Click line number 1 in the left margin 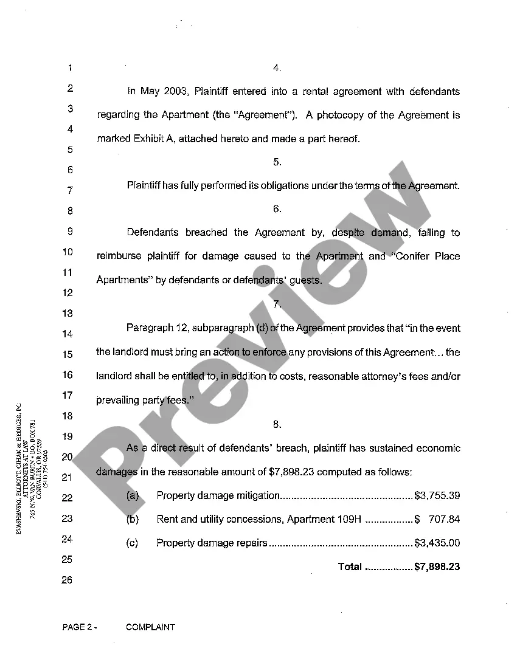(x=71, y=67)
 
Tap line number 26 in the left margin (x=67, y=580)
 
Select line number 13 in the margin (x=67, y=313)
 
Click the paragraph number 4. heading (x=277, y=68)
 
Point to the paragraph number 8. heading (x=277, y=424)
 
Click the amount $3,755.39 (x=437, y=495)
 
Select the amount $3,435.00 (x=437, y=543)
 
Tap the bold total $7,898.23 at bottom (x=437, y=566)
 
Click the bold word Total (x=350, y=566)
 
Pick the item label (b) (x=133, y=519)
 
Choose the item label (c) (x=132, y=543)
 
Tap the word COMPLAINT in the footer (x=150, y=627)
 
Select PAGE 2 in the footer (x=77, y=627)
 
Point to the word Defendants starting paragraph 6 (x=152, y=232)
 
